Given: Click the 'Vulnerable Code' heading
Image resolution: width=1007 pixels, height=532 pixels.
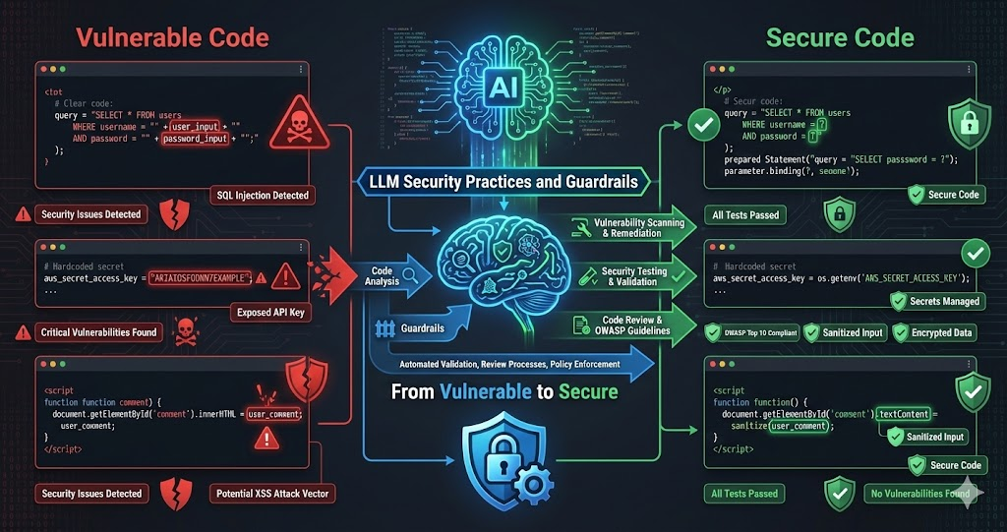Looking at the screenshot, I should (x=172, y=38).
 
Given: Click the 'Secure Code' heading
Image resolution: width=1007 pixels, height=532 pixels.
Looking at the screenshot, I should (x=840, y=38).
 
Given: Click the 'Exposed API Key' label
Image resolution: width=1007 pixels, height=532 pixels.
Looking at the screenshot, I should (x=271, y=313).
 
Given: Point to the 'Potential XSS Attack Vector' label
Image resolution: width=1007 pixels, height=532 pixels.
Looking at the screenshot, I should (x=270, y=493).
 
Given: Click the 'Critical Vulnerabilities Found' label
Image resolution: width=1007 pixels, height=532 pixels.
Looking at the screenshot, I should (x=98, y=331).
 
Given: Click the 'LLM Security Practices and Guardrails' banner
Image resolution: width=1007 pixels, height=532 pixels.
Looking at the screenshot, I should (x=503, y=181).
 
